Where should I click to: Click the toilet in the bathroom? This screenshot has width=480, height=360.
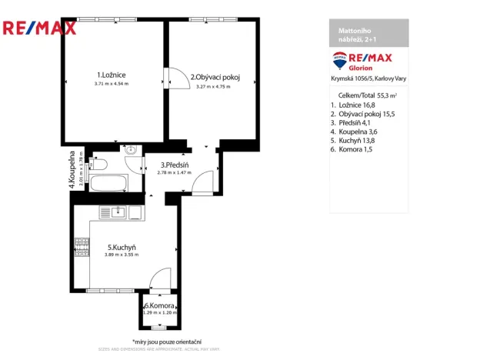pyautogui.click(x=98, y=163)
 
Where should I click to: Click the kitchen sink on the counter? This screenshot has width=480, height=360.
pyautogui.click(x=118, y=212)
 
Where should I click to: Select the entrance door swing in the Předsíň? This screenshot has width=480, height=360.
pyautogui.click(x=202, y=182)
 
